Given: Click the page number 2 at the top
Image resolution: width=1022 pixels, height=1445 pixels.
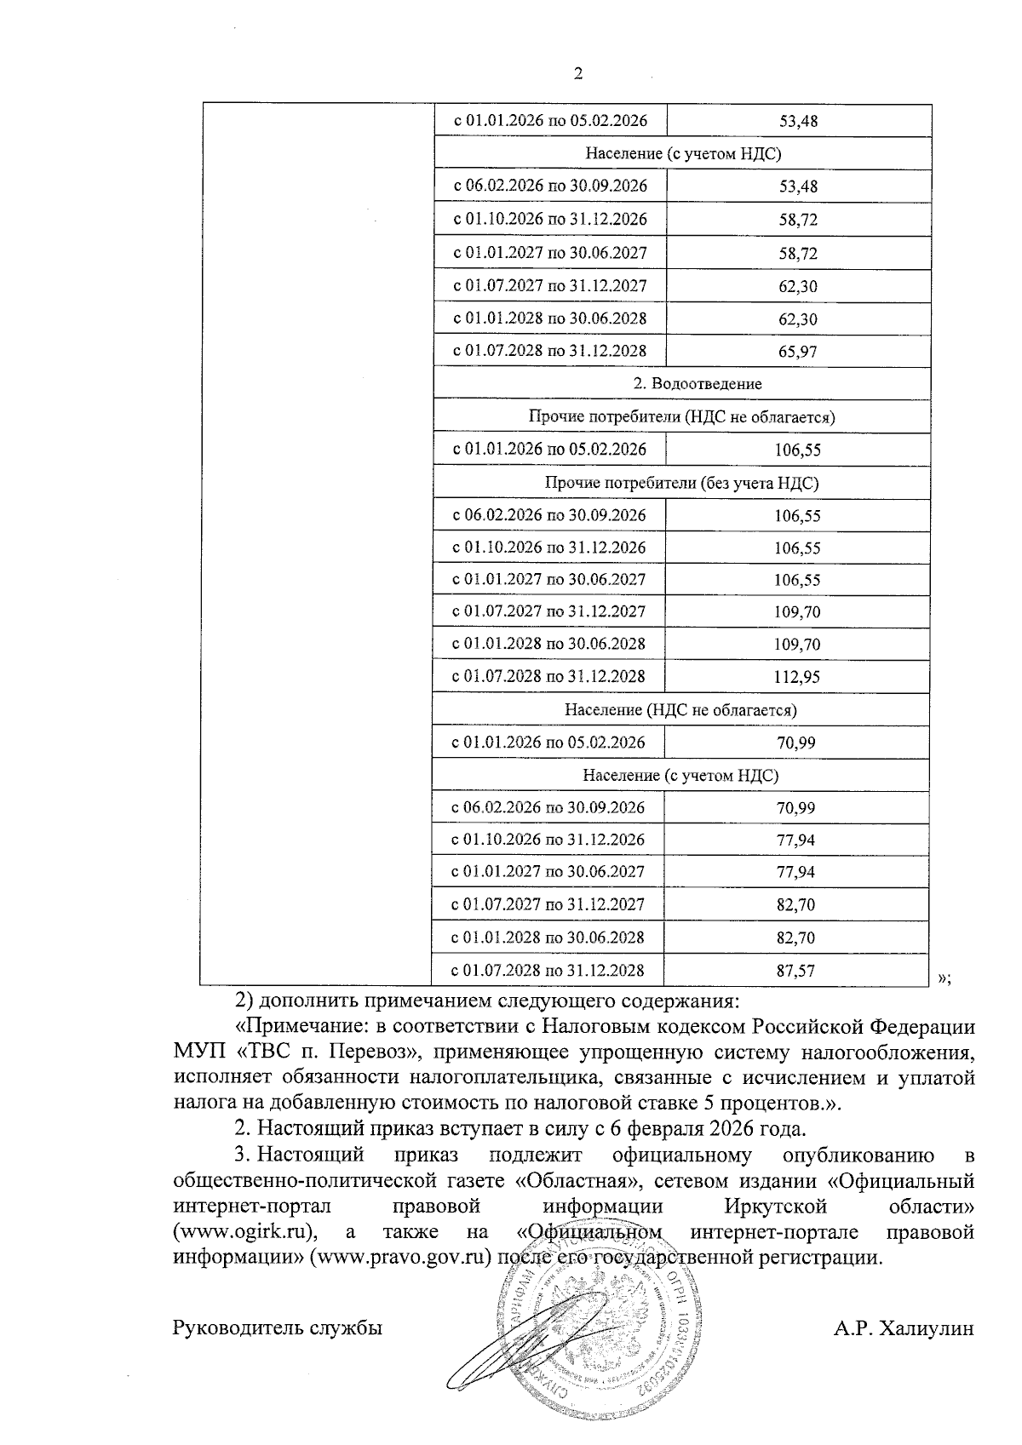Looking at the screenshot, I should [x=578, y=74].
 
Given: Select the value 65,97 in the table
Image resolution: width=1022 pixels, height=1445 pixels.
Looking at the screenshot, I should [x=797, y=352].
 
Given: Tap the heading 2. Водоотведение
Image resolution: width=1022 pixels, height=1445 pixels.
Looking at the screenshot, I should [x=697, y=384].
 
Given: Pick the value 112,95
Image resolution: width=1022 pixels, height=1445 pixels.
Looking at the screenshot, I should [x=797, y=678].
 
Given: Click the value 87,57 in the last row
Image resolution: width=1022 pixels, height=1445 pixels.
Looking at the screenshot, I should [x=795, y=971].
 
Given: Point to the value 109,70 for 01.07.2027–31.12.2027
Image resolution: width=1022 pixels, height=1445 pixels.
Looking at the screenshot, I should [x=797, y=612].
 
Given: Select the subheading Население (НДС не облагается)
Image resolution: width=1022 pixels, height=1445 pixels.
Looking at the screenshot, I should [x=680, y=709].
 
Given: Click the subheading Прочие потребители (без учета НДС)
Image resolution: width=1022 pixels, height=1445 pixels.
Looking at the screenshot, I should [x=681, y=484].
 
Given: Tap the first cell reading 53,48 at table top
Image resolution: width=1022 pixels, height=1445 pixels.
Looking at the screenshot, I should [x=799, y=122].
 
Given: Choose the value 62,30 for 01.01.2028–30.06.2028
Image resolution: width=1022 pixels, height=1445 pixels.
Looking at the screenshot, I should [x=797, y=319].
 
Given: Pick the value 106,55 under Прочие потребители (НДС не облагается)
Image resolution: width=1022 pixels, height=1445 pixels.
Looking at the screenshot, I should [x=797, y=450].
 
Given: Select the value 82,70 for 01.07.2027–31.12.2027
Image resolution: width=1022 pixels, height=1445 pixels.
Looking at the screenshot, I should [x=795, y=905].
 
